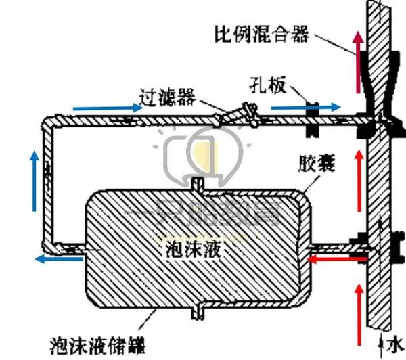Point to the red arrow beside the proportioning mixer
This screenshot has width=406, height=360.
pyautogui.click(x=355, y=64)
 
